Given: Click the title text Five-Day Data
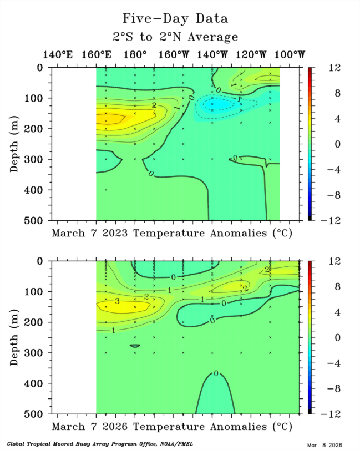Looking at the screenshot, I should (175, 18).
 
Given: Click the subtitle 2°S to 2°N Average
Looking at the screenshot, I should (175, 37).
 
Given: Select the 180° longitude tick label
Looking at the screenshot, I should (135, 55).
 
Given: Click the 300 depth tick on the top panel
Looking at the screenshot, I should (39, 160).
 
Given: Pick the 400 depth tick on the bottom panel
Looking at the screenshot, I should (39, 383).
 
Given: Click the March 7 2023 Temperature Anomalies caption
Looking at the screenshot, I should (173, 233).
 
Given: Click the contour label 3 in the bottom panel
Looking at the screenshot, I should (117, 301).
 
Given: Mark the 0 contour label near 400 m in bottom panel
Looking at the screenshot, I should (216, 373).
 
